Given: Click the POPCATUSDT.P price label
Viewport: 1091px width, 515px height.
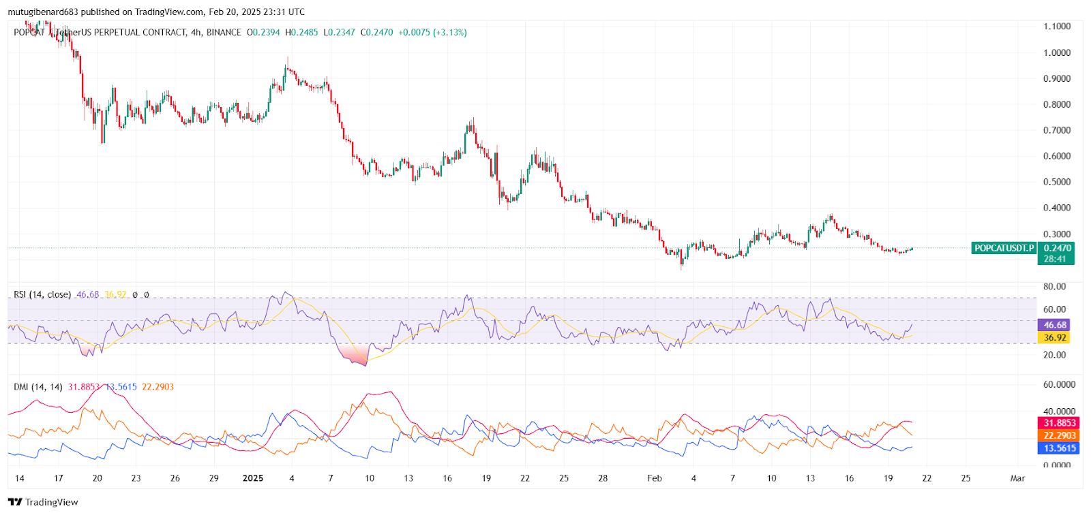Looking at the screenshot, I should pyautogui.click(x=1004, y=248).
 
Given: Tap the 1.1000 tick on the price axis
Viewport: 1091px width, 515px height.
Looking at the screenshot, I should pyautogui.click(x=1056, y=26).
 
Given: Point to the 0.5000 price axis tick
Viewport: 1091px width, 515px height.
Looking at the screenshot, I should pyautogui.click(x=1056, y=182).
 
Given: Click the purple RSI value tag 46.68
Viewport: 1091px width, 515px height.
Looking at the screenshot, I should pyautogui.click(x=1054, y=325).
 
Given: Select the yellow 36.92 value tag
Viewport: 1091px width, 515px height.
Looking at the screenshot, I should pyautogui.click(x=1054, y=337).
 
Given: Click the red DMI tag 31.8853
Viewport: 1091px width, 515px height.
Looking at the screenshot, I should pyautogui.click(x=1059, y=423).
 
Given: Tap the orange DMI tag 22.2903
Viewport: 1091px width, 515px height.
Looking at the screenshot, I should pyautogui.click(x=1059, y=435).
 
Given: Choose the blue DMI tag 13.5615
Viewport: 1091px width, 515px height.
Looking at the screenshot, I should pyautogui.click(x=1059, y=448).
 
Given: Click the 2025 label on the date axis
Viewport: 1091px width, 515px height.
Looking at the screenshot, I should pyautogui.click(x=253, y=478).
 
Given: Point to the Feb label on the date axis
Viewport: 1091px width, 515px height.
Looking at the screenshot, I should pyautogui.click(x=655, y=478).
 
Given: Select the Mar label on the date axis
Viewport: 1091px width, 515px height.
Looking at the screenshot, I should pyautogui.click(x=1017, y=478).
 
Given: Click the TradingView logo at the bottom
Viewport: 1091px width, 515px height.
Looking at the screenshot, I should pyautogui.click(x=43, y=502).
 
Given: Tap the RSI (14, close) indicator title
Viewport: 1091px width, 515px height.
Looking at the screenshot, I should pyautogui.click(x=42, y=294).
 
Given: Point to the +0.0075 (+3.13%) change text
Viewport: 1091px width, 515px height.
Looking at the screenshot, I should pyautogui.click(x=432, y=32).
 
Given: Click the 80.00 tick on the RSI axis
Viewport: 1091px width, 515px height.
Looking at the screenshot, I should pyautogui.click(x=1054, y=287).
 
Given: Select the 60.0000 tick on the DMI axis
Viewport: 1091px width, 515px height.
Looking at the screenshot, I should pyautogui.click(x=1059, y=384).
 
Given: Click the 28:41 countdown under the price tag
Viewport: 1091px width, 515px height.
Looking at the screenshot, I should pyautogui.click(x=1054, y=259).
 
